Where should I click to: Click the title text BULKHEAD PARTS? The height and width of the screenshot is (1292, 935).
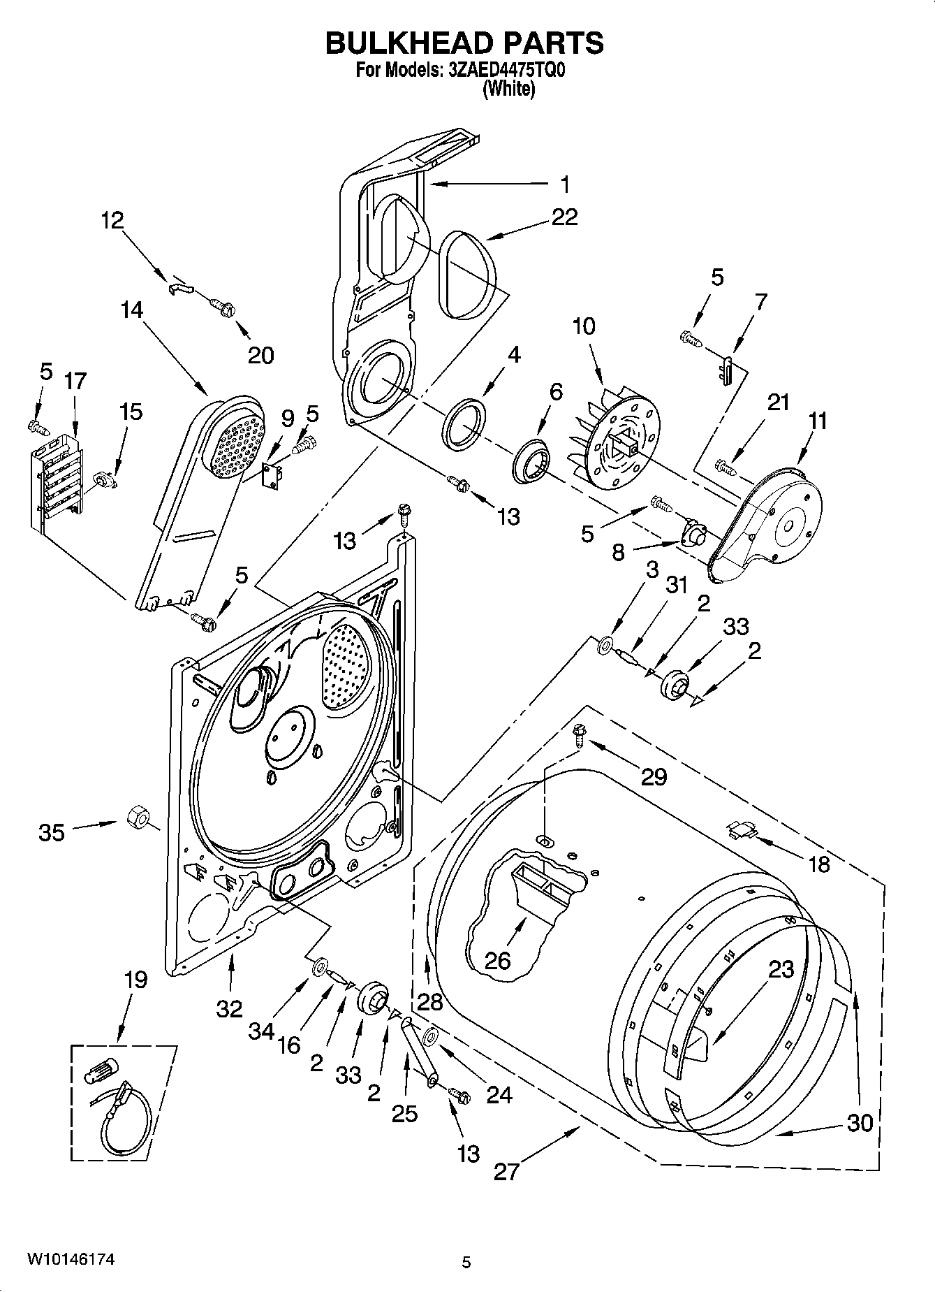click(464, 43)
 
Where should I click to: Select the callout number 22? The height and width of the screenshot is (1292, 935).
click(564, 217)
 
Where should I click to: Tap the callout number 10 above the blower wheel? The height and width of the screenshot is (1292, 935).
click(584, 326)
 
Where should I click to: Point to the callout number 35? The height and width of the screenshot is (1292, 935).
click(52, 832)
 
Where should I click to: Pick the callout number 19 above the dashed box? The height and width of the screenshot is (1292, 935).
click(135, 980)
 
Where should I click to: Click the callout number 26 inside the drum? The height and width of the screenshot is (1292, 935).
click(498, 961)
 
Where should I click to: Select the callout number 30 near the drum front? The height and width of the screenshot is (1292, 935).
click(860, 1123)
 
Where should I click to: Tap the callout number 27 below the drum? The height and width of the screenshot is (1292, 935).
click(507, 1171)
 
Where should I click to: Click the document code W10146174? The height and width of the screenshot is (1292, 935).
click(71, 1259)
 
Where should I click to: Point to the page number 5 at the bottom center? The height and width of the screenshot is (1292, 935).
click(466, 1263)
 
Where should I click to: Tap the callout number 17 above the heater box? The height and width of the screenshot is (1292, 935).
click(75, 381)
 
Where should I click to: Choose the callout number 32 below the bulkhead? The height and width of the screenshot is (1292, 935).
click(229, 1008)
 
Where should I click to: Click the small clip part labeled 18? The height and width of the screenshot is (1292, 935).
click(742, 829)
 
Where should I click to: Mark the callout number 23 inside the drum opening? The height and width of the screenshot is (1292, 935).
click(781, 969)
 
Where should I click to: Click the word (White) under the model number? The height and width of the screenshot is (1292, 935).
click(509, 89)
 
